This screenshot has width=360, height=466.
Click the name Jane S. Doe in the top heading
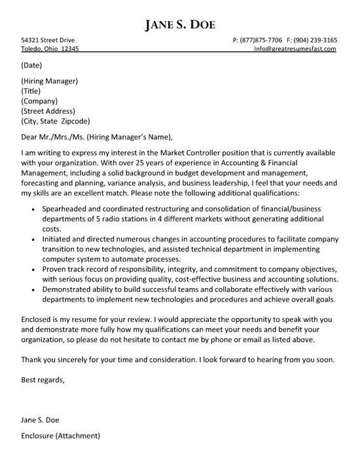click(x=179, y=25)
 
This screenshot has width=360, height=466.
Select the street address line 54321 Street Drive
click(x=47, y=40)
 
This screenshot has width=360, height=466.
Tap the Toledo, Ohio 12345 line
click(x=50, y=49)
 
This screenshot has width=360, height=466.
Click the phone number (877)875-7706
click(x=266, y=40)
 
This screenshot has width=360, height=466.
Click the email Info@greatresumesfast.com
click(x=295, y=49)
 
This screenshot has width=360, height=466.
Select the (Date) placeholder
click(x=33, y=65)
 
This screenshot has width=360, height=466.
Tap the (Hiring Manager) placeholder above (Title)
click(x=50, y=81)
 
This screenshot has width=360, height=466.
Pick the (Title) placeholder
click(x=31, y=91)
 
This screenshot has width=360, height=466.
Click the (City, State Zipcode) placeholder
click(x=56, y=121)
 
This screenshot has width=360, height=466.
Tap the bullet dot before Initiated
click(x=33, y=240)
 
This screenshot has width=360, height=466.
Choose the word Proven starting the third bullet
click(x=56, y=270)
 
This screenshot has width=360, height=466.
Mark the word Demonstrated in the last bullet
click(x=70, y=290)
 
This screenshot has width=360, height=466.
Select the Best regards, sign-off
click(x=43, y=380)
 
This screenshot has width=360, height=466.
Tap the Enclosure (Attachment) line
click(x=60, y=435)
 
